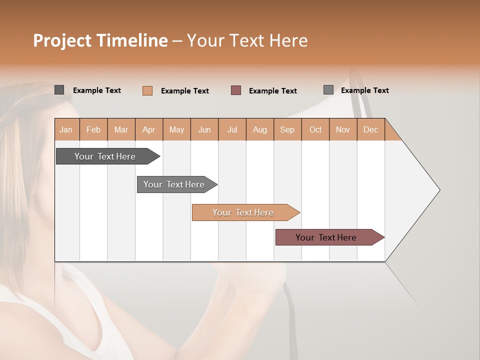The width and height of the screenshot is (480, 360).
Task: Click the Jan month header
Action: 66,129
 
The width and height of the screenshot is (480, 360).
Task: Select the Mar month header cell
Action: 121,129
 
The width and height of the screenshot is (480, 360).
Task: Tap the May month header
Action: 176,129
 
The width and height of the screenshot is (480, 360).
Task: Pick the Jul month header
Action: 232,129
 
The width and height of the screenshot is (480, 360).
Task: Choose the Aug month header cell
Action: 259,129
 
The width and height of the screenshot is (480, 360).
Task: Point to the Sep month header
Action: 287,129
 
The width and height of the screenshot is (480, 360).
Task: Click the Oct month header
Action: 315,129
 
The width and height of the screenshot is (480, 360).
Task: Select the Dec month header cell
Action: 370,129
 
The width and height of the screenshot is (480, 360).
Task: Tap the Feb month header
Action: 93,129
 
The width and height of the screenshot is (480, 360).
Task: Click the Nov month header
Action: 342,129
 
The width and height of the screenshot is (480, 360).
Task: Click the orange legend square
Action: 147,90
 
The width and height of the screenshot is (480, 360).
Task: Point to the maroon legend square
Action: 236,90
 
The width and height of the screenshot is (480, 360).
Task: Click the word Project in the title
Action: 62,41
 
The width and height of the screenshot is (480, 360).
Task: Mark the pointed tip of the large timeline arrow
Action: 439,190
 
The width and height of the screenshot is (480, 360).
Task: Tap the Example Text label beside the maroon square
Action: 272,91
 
